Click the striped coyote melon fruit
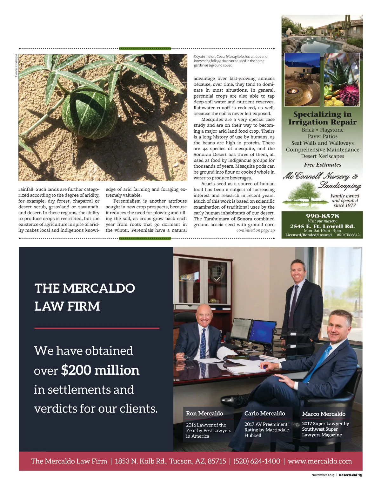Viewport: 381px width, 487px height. [x=89, y=113]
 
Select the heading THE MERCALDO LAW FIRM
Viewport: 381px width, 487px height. [x=84, y=297]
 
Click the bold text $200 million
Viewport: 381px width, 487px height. [x=100, y=370]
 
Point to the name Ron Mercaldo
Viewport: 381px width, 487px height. [x=204, y=414]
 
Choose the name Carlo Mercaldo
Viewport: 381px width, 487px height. [x=264, y=414]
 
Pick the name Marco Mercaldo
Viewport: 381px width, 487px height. [x=324, y=414]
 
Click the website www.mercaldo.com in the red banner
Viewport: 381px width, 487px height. [x=320, y=461]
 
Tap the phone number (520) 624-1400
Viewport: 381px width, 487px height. [x=257, y=461]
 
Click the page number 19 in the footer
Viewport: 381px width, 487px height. [x=360, y=475]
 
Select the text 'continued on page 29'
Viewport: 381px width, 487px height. [x=255, y=230]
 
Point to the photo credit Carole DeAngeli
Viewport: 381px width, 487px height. [x=16, y=66]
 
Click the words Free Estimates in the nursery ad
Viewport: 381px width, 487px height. [x=322, y=165]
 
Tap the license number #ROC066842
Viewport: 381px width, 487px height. [x=348, y=235]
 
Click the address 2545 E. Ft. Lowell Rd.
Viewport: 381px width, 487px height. [x=322, y=226]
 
